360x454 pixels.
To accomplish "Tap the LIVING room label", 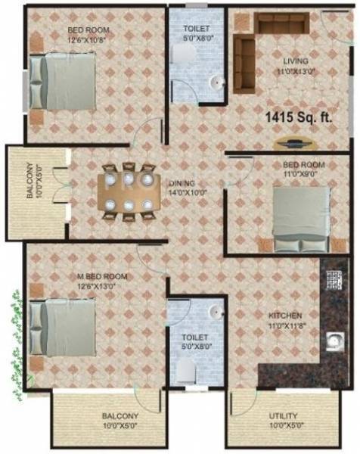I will coord(296,61).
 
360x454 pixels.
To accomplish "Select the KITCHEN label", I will coord(285,315).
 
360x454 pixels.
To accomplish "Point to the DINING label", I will coord(182,183).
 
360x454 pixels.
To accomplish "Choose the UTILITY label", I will coord(283,415).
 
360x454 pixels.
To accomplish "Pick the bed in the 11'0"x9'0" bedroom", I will coord(301,218).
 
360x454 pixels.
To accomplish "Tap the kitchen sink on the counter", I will coord(331,343).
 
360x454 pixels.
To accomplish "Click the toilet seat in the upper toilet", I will coord(181,53).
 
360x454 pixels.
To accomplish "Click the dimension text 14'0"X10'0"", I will coord(187,192).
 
